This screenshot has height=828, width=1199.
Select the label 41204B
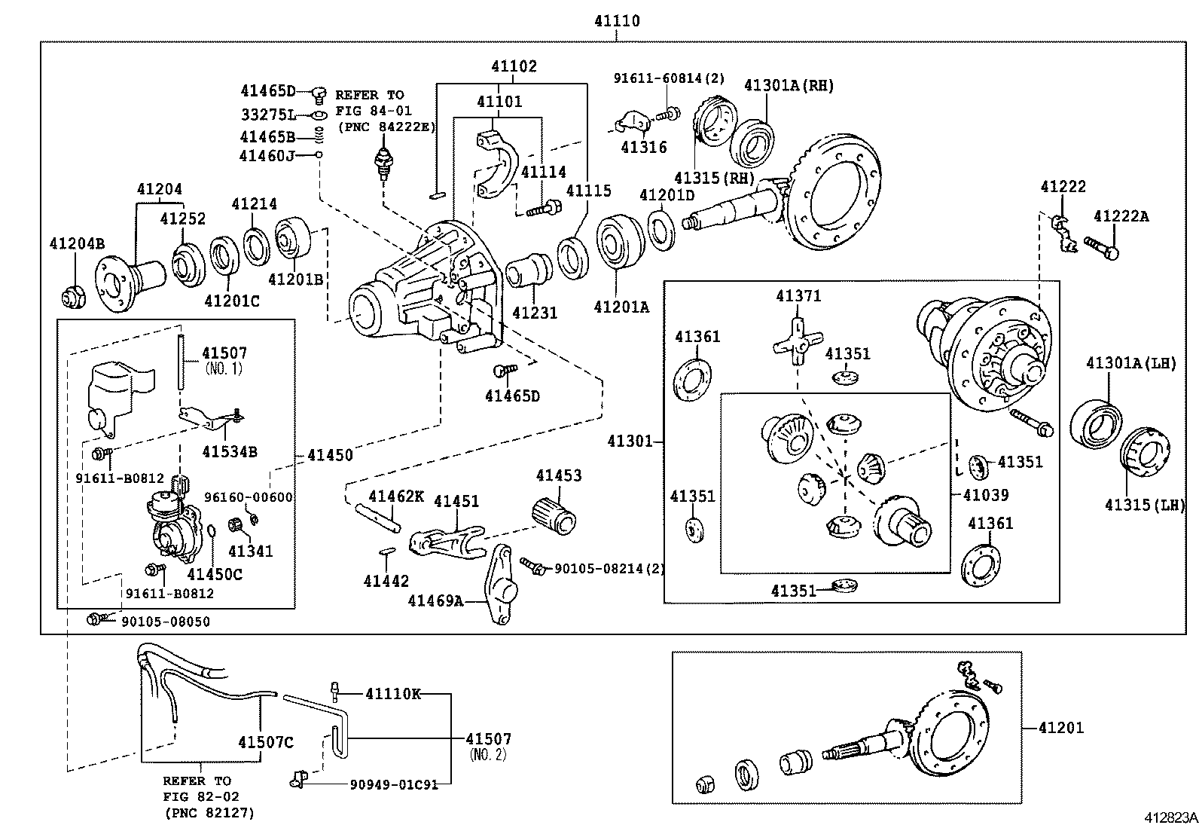(x=77, y=243)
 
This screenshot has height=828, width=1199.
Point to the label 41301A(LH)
(x=1130, y=363)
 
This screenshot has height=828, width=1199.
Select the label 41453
(x=559, y=475)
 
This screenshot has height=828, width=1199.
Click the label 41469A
(x=435, y=600)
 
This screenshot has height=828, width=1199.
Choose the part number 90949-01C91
(x=394, y=784)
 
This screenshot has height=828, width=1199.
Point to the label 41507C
(x=265, y=742)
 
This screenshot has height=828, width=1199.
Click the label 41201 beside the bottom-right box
(x=1060, y=728)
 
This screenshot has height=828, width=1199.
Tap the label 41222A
(x=1121, y=216)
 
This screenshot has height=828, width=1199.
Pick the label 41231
(x=534, y=312)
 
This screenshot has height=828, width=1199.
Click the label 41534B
(x=230, y=451)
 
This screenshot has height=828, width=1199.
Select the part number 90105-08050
(x=166, y=622)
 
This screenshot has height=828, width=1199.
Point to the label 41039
(x=985, y=495)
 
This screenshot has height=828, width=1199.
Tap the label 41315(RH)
(x=714, y=177)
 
